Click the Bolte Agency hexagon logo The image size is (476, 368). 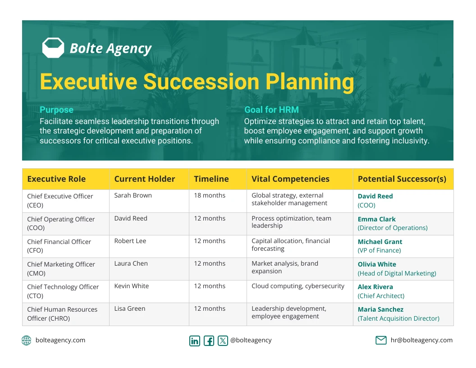(x=53, y=48)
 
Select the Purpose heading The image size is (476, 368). (x=56, y=110)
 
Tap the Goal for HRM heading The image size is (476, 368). (x=271, y=110)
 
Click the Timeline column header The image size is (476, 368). (x=211, y=179)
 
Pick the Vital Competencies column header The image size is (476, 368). (x=290, y=179)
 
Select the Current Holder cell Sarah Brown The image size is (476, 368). (x=133, y=195)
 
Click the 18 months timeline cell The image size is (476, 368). (x=210, y=195)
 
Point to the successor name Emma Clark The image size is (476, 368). (x=376, y=219)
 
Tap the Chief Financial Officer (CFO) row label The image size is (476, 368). (x=59, y=246)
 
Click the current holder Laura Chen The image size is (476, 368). (x=131, y=263)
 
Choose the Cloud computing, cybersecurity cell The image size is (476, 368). (x=298, y=286)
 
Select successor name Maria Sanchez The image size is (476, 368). (x=380, y=309)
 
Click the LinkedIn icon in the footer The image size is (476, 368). (x=195, y=340)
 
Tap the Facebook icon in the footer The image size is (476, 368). (x=209, y=340)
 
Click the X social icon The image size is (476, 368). (x=223, y=340)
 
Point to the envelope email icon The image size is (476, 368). (x=381, y=340)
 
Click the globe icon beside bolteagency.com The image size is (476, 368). (x=27, y=340)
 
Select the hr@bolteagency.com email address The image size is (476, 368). (x=421, y=340)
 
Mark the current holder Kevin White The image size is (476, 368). (x=132, y=286)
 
